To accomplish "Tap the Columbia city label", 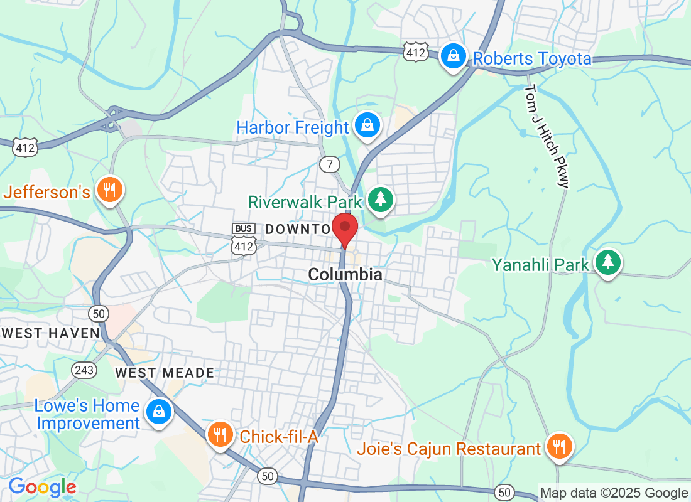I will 345,275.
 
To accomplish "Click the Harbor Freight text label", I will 292,128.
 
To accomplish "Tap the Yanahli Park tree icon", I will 607,263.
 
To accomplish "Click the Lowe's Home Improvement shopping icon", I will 159,412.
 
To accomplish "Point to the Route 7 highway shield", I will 329,164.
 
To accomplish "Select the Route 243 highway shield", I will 84,370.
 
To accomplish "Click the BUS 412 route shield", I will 244,238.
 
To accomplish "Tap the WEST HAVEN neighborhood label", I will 50,333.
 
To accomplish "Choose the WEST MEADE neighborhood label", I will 165,373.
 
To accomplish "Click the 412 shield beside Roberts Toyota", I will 416,52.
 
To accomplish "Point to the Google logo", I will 42,487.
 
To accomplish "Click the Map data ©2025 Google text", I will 614,493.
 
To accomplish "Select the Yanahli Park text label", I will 541,265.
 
